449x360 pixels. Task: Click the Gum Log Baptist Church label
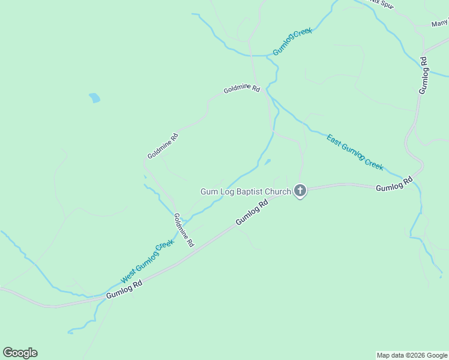click(x=246, y=191)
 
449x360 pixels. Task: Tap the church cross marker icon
click(x=300, y=191)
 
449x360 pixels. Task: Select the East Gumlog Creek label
click(x=355, y=152)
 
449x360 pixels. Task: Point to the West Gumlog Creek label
click(x=147, y=262)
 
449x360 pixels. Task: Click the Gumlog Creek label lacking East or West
click(x=293, y=42)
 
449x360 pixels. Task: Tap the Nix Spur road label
click(x=382, y=2)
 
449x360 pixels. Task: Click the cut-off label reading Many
click(x=439, y=24)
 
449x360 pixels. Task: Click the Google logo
click(x=20, y=353)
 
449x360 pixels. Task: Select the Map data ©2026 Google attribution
click(x=412, y=355)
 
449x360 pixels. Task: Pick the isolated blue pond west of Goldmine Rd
click(x=94, y=98)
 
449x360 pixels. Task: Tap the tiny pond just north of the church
click(x=267, y=161)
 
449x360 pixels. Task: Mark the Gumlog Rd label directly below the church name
click(x=252, y=213)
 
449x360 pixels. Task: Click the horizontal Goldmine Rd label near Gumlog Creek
click(x=241, y=89)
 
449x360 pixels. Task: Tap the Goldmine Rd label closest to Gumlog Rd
click(x=184, y=230)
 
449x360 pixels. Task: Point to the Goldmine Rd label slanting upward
click(x=163, y=146)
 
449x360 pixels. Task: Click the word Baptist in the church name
click(x=253, y=191)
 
